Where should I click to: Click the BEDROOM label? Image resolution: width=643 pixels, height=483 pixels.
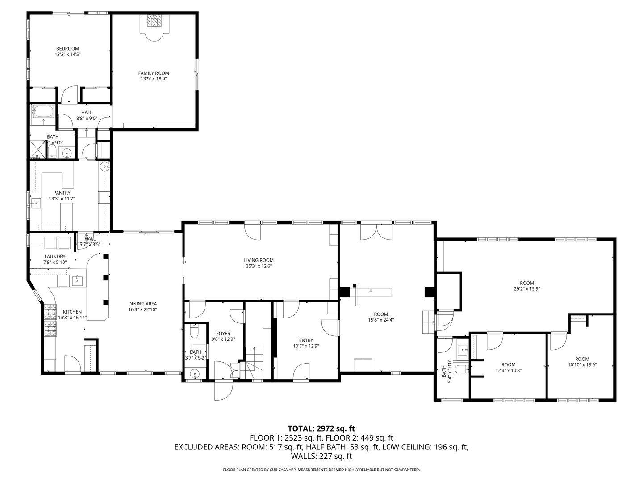pos(67,49)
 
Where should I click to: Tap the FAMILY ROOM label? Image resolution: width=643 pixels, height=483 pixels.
pos(154,73)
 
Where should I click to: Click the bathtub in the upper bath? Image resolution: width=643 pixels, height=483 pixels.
pos(43,111)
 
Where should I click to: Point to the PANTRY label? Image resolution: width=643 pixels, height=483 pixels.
pos(62,193)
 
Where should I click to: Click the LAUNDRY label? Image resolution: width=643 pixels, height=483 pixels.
pos(54,257)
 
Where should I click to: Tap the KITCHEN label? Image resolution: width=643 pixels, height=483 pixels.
pos(72,312)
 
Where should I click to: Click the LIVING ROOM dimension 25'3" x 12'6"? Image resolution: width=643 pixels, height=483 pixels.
pos(259,266)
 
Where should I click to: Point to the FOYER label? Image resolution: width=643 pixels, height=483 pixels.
pos(223,333)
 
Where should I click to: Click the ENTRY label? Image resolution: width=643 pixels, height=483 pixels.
pos(306,340)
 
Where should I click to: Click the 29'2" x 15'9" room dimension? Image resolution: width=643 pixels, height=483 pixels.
pos(527,289)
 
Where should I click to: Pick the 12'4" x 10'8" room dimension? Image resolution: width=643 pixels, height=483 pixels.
pos(508,370)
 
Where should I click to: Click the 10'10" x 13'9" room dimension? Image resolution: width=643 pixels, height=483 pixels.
pos(582,364)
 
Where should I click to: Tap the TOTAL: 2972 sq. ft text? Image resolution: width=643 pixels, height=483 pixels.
pos(321,428)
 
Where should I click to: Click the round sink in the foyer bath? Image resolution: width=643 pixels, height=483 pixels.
pos(194,374)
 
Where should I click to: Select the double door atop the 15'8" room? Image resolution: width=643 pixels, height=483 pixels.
pos(377,231)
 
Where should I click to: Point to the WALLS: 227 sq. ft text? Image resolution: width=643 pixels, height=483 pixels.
pos(321,456)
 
